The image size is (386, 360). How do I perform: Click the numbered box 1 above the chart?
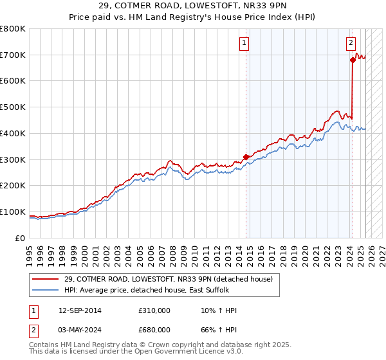tap(245, 43)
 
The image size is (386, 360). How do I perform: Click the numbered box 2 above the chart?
tap(351, 43)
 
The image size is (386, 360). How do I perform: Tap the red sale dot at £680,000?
tap(353, 60)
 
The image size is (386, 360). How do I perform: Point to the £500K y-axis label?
tap(13, 107)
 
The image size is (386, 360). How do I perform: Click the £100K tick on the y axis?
tap(13, 212)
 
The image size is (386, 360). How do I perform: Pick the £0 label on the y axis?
tap(20, 239)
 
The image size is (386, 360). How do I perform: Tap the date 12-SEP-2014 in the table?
tap(79, 311)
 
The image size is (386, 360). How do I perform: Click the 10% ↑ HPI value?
tap(219, 311)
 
